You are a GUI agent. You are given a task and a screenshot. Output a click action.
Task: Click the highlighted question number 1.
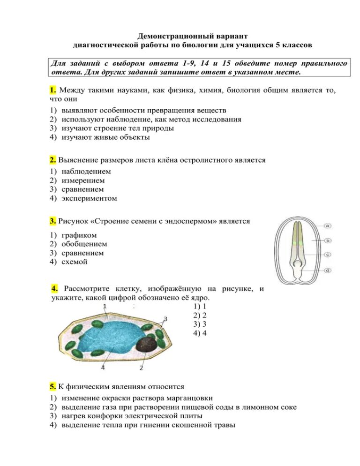point(52,90)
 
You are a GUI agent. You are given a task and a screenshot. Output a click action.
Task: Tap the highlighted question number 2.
point(53,160)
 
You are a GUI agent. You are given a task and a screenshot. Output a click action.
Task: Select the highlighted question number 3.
point(53,221)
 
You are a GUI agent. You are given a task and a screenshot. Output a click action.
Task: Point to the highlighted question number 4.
point(55,288)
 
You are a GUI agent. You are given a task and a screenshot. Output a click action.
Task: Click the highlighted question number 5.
point(53,387)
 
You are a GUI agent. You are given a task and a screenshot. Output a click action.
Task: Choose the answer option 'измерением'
point(83,180)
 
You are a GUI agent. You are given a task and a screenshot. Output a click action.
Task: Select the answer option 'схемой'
point(75,262)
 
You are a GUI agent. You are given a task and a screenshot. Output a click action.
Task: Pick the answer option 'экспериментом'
point(89,198)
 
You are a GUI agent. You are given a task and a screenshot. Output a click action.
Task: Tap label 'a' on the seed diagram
point(328,226)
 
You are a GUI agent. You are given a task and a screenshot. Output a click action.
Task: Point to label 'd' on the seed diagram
point(328,270)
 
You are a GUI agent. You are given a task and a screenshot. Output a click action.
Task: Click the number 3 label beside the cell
point(165,319)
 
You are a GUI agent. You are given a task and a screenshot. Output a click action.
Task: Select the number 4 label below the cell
point(103,368)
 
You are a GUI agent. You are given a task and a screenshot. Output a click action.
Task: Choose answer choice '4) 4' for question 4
point(200,333)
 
